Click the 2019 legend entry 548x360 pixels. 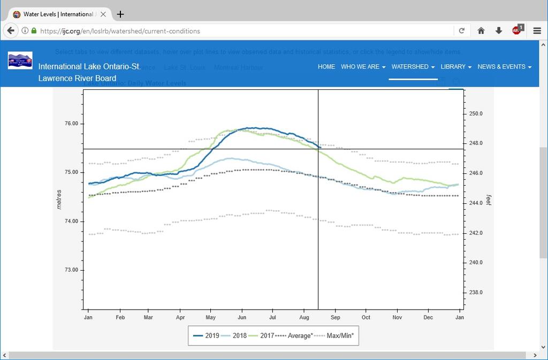click(206, 336)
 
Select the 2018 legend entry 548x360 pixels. click(233, 336)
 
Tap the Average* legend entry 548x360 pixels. click(294, 336)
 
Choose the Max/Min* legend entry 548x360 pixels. click(334, 336)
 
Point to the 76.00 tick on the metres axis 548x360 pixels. click(71, 124)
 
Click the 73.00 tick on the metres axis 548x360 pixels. click(71, 270)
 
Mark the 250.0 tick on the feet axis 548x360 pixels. click(476, 113)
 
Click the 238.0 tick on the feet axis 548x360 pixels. click(476, 293)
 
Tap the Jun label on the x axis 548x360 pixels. click(242, 318)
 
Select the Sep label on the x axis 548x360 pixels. click(335, 318)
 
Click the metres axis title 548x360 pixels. click(59, 199)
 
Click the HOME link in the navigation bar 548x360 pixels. click(326, 67)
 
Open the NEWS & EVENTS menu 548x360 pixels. click(504, 67)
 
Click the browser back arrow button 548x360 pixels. click(10, 30)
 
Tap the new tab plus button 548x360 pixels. click(120, 14)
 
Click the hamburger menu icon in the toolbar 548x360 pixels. click(537, 30)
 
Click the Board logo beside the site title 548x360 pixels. click(20, 61)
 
